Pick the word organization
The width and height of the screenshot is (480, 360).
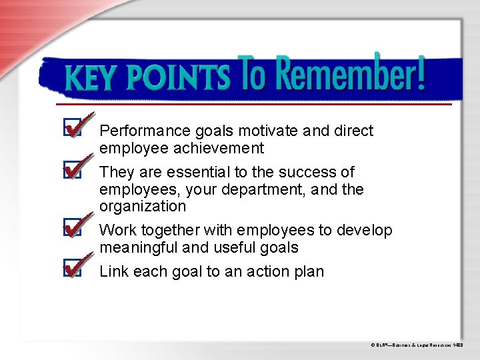coord(143,207)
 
